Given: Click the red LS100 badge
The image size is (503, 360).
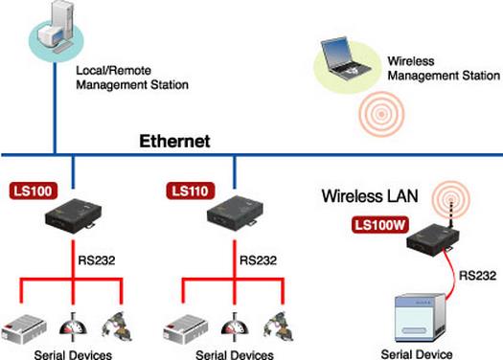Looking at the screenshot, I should pos(33,191).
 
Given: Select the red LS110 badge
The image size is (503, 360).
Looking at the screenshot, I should pos(189,191).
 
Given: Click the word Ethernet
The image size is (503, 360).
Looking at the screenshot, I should pos(176,143).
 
